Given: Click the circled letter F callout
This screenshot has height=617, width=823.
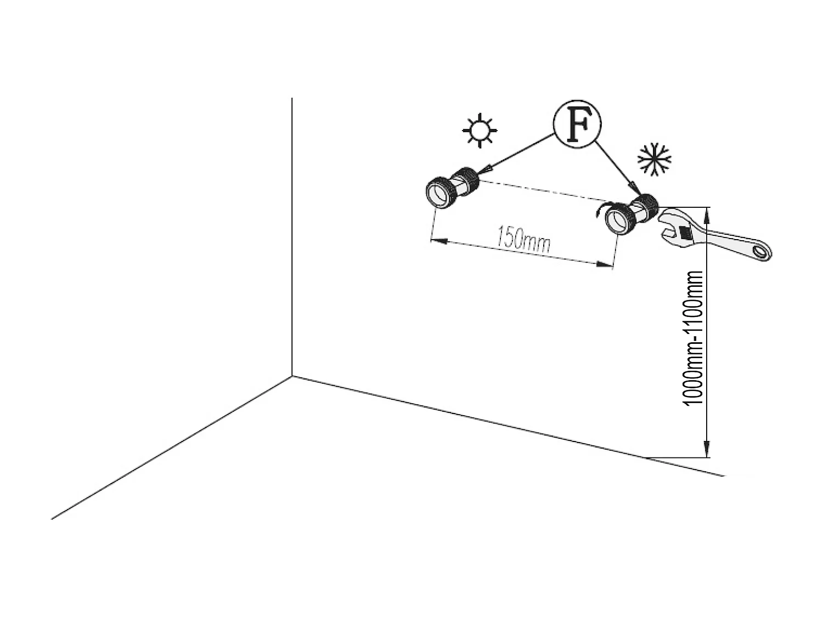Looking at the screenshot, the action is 577,124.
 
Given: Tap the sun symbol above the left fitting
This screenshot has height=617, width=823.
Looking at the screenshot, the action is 480,131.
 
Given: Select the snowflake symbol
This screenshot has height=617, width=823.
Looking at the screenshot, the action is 654,159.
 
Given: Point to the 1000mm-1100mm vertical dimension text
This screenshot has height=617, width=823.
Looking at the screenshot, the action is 692,338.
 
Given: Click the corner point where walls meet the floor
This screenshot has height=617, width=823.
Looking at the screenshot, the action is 292,376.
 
